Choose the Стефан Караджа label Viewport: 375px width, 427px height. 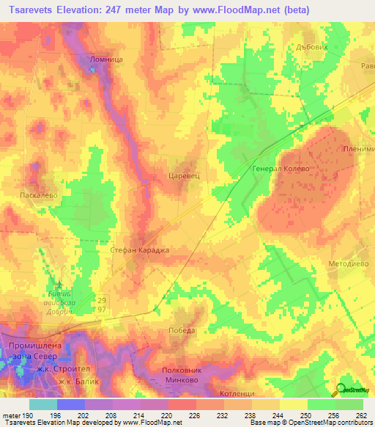coord(139,250)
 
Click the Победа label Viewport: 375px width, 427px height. coord(182,330)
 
